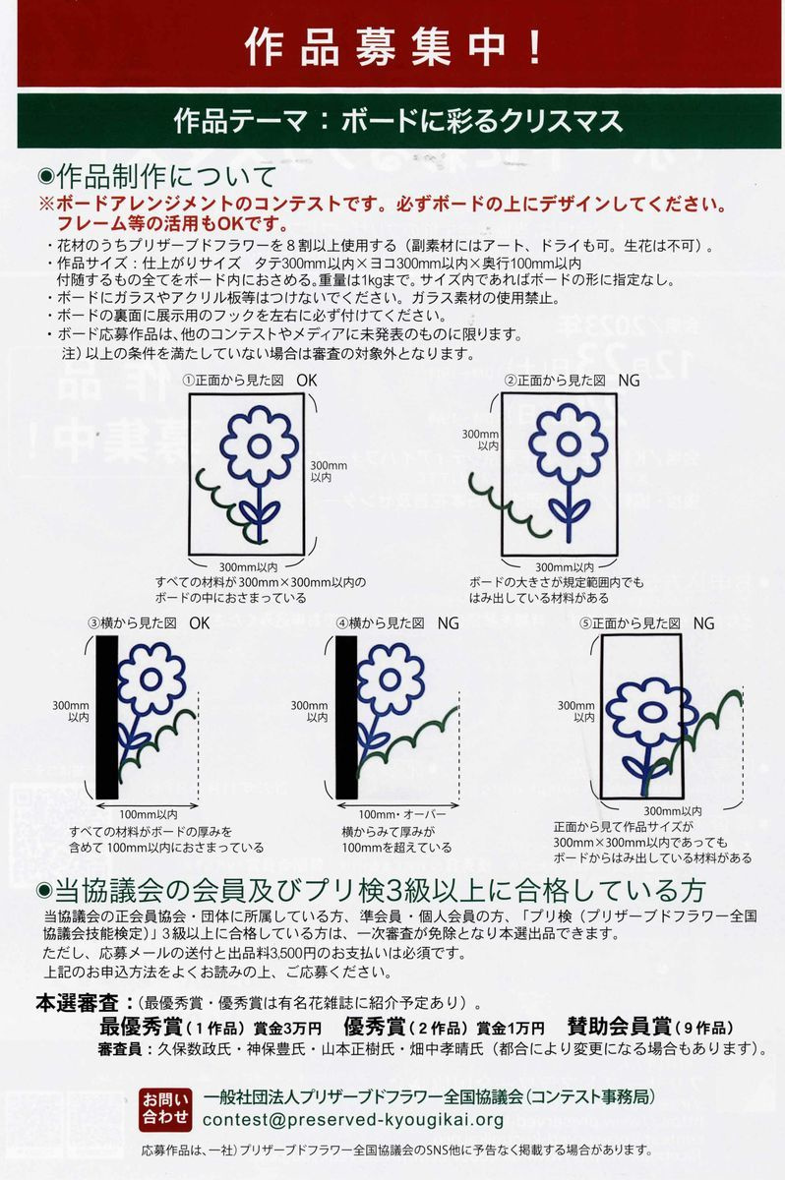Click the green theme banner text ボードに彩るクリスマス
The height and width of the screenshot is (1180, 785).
(482, 121)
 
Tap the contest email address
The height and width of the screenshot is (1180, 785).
(353, 1119)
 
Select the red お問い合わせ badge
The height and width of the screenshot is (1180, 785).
(165, 1109)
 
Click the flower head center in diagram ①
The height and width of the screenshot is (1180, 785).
(259, 446)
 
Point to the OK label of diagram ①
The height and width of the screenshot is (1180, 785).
(307, 381)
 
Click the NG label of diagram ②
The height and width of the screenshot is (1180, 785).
(629, 381)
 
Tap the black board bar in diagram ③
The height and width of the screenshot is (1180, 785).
(107, 717)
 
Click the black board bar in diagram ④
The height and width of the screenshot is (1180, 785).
(346, 717)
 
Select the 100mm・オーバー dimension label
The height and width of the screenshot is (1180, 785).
(402, 814)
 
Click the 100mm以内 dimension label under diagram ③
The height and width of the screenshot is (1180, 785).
(148, 814)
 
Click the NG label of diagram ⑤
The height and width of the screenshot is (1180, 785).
(704, 623)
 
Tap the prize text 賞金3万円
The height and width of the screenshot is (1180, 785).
(287, 1028)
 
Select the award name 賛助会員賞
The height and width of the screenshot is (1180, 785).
(619, 1027)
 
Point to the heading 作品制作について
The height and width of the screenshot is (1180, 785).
(166, 178)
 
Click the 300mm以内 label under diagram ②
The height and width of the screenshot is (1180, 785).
(565, 567)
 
